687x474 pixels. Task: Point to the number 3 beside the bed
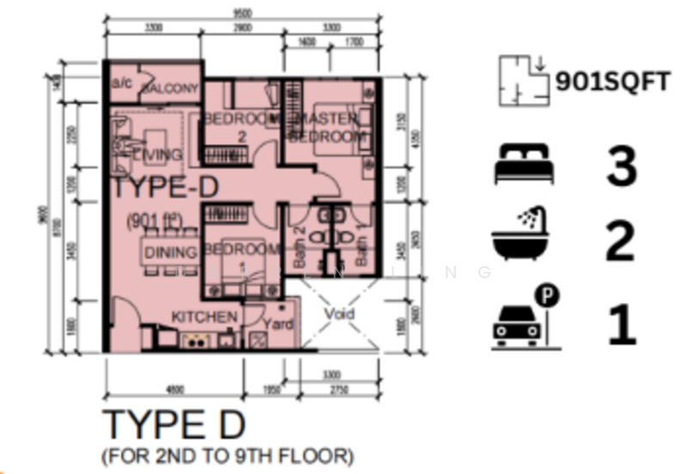(621, 167)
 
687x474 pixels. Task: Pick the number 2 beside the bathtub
(621, 241)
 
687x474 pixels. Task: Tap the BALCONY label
(170, 88)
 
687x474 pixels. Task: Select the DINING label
(170, 252)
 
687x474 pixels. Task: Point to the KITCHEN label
(204, 318)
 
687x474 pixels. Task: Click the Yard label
(277, 325)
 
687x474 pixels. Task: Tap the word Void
(340, 313)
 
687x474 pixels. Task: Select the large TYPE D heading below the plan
(173, 425)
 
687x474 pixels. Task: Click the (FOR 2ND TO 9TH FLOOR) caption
(227, 454)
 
